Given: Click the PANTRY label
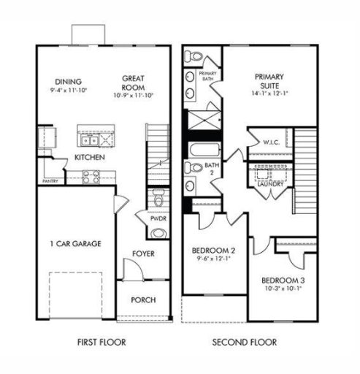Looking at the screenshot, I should point(50,181).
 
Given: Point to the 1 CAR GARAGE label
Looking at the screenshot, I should point(75,244).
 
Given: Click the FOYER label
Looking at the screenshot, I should point(142,253).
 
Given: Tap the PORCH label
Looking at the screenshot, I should point(143,300).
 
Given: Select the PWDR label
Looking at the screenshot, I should point(158,218).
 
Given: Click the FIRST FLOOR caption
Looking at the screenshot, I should point(101,342).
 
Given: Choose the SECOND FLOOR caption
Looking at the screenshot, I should point(244,342).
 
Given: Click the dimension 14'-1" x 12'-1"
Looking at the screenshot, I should point(269,93).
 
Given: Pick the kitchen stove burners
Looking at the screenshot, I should point(91,175).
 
